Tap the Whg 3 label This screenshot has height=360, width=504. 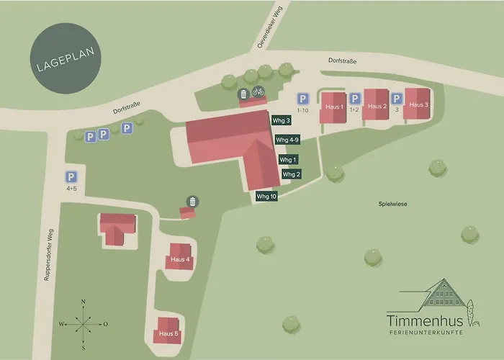(282, 121)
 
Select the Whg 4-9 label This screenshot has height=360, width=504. (287, 140)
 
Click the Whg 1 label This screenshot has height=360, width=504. (288, 159)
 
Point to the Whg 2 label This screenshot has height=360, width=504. (292, 174)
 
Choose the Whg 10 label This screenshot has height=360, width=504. (266, 196)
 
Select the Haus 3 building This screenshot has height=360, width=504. (418, 104)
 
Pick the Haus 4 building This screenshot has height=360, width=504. (180, 258)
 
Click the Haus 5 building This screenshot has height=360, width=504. (168, 332)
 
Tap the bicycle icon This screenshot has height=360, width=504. (258, 92)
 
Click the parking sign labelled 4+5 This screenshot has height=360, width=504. (71, 177)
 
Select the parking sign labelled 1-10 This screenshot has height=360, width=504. (304, 99)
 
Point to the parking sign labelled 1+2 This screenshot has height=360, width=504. (354, 99)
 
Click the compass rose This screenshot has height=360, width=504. (84, 324)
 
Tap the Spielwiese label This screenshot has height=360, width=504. (392, 204)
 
